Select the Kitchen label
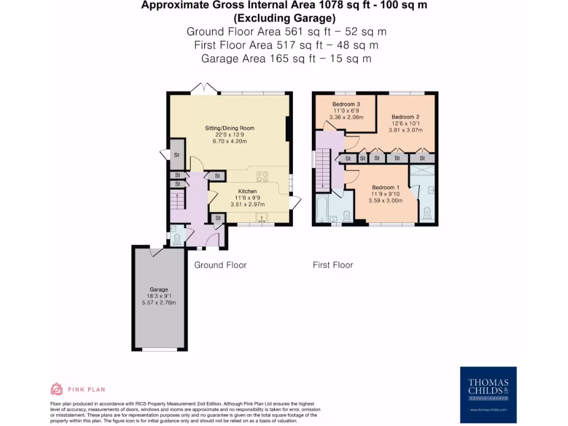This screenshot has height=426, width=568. click(x=247, y=191)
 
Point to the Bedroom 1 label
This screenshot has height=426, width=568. click(x=386, y=187)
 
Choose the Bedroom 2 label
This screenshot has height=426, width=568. click(x=405, y=116)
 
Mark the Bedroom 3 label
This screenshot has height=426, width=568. click(x=346, y=104)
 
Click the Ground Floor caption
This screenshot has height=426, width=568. click(x=220, y=265)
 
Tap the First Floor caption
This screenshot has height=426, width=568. click(x=333, y=265)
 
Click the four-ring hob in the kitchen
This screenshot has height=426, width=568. click(x=262, y=177)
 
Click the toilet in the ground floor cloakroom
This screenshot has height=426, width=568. click(x=177, y=239)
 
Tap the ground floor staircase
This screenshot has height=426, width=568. click(x=176, y=199)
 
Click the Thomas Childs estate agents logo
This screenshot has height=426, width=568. click(x=488, y=392)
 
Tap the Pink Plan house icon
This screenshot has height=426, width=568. click(x=57, y=389)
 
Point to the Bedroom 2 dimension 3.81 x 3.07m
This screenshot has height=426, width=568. click(x=405, y=130)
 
